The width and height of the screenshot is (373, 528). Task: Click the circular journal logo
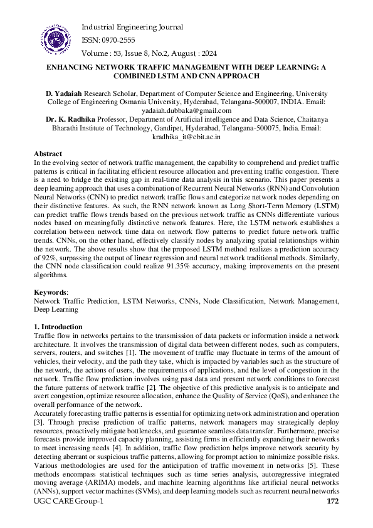point(56,39)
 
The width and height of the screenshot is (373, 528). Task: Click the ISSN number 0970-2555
point(117,40)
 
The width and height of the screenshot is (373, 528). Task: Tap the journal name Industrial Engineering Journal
point(132,27)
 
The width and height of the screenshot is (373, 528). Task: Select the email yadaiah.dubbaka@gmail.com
point(186,110)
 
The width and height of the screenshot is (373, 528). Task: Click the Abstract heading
point(48,154)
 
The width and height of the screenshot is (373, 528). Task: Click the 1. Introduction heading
point(58,327)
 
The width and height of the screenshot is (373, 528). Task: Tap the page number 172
point(333,502)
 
